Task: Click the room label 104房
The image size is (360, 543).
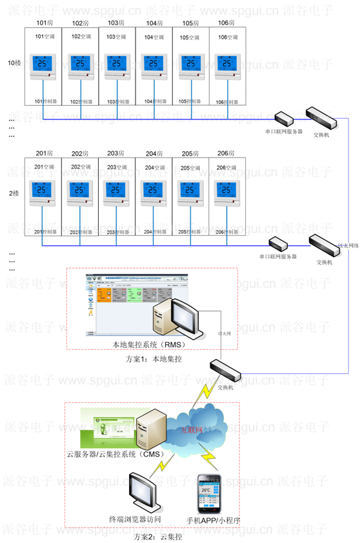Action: click(x=154, y=23)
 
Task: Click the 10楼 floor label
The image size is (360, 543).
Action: click(x=14, y=63)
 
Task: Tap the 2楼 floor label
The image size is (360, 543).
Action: click(x=12, y=193)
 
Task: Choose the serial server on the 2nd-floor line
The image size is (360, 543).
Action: click(x=279, y=244)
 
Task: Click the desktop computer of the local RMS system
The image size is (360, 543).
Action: click(x=173, y=317)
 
